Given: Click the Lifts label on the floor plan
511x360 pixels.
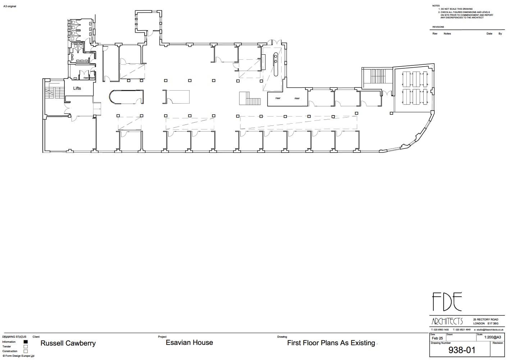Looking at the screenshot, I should (x=77, y=88).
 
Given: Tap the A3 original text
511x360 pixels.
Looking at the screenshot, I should (x=10, y=6).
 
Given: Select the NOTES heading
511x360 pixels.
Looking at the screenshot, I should (x=436, y=6).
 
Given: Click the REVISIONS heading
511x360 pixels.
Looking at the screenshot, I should (x=438, y=27).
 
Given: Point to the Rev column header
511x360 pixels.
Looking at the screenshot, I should (x=435, y=34).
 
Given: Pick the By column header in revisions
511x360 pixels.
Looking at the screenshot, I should (x=500, y=34).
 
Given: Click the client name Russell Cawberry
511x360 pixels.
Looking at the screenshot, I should (x=68, y=343).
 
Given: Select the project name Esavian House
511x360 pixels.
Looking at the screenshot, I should (x=189, y=343).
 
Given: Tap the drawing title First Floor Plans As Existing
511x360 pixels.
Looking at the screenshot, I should (x=331, y=343).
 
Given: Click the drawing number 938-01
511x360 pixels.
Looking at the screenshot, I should (x=462, y=350).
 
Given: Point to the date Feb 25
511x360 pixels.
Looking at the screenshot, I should (x=437, y=338).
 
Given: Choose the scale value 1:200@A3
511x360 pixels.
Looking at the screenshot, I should (x=492, y=337).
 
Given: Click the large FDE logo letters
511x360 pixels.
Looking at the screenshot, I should (x=447, y=302).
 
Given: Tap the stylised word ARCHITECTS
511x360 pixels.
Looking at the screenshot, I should (x=447, y=321).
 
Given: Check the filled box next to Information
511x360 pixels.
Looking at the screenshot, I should (x=26, y=342).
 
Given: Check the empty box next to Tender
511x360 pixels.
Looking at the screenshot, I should (x=26, y=347).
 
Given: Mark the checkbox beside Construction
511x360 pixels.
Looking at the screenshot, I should (x=26, y=351).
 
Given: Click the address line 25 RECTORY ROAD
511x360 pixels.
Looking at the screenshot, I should (x=485, y=320).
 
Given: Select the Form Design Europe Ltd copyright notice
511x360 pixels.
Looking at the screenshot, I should (x=18, y=356).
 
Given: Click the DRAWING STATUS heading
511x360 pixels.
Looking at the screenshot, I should (x=14, y=337).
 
